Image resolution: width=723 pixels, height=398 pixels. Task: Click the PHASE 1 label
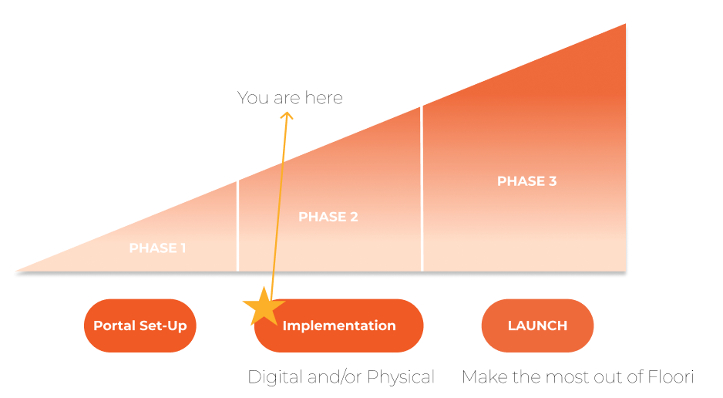[x=158, y=248]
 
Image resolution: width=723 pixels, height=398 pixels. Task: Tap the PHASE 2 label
[x=328, y=217]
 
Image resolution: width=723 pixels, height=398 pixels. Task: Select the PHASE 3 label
[x=527, y=181]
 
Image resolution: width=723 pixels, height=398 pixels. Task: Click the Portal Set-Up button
[x=140, y=325]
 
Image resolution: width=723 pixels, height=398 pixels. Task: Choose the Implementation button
[x=339, y=325]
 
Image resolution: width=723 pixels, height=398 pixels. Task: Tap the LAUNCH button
[x=538, y=325]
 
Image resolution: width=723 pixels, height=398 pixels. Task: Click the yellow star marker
[x=264, y=307]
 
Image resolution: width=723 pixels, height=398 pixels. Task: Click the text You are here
[x=290, y=98]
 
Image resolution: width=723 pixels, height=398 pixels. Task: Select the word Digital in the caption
[x=275, y=377]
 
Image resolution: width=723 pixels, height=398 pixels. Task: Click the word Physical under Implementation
[x=401, y=377]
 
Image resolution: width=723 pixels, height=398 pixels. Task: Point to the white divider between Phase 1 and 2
[x=237, y=226]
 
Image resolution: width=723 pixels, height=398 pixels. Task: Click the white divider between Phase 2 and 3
[x=422, y=189]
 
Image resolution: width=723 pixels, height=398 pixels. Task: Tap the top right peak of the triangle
[x=625, y=24]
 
